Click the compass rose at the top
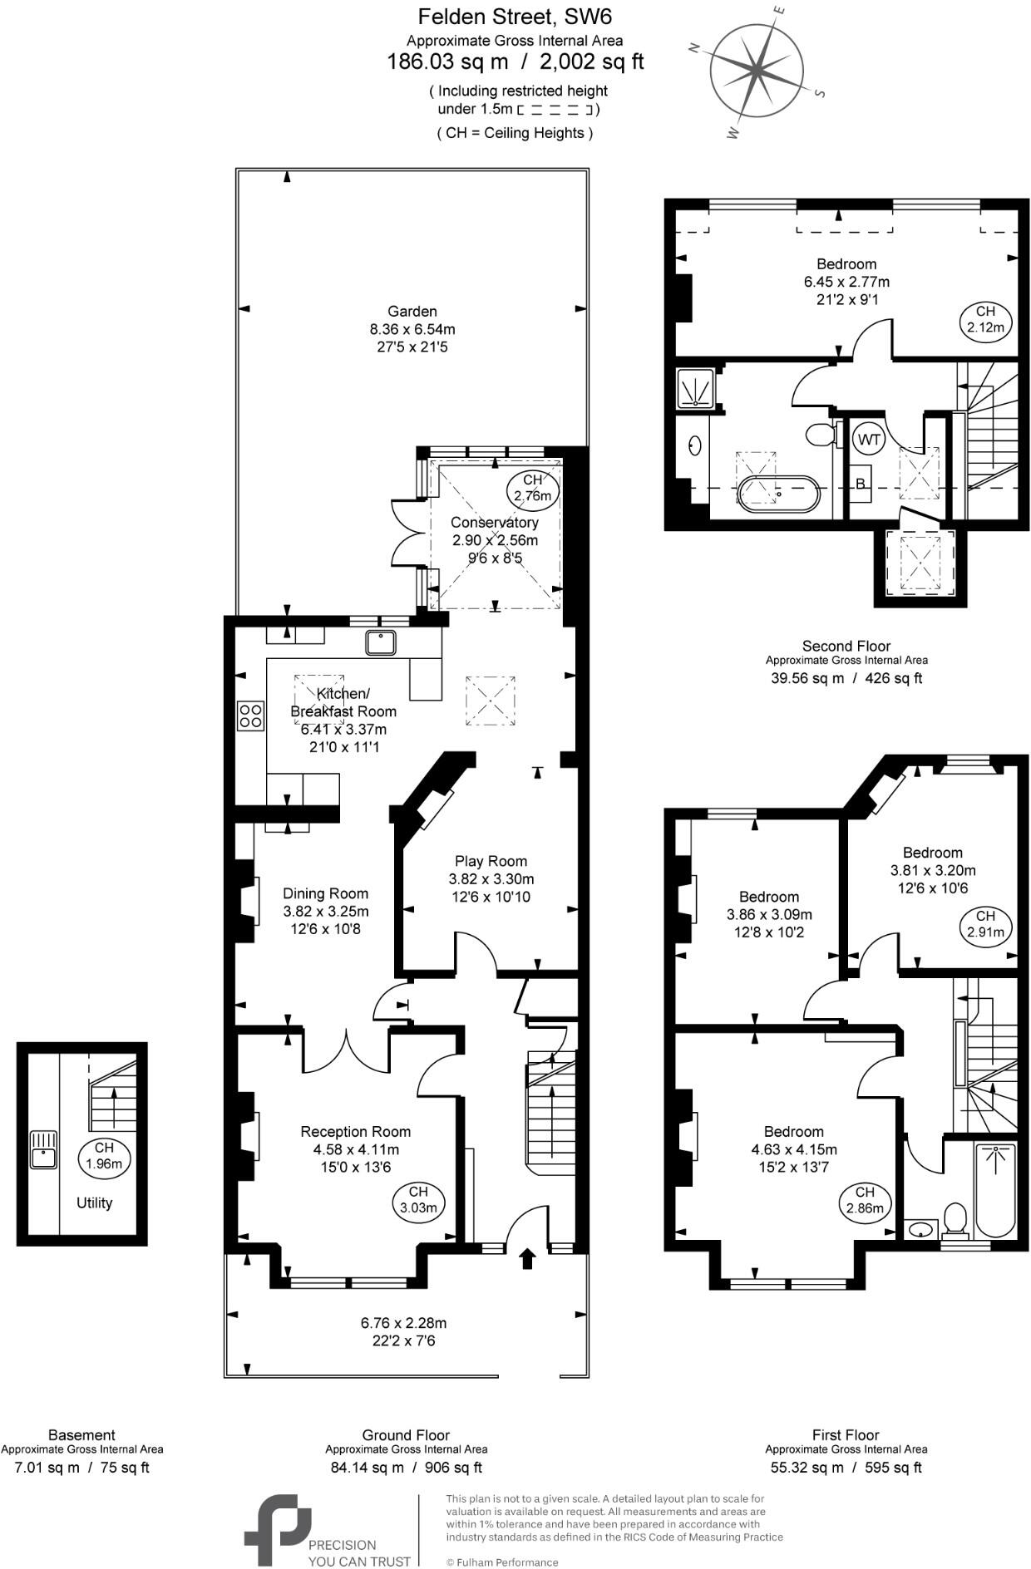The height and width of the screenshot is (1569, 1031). (x=755, y=70)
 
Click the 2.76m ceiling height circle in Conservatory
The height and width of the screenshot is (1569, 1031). (x=532, y=489)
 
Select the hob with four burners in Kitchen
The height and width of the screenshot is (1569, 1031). (x=251, y=716)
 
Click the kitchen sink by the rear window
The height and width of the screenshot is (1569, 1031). (x=382, y=642)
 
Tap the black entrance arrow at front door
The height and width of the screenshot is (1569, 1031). (x=526, y=1258)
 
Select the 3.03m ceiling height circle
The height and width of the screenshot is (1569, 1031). (x=418, y=1200)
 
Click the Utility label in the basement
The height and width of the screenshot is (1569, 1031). (x=94, y=1203)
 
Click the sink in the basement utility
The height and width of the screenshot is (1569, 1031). (x=42, y=1150)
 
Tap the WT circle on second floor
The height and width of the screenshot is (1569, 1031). (x=869, y=440)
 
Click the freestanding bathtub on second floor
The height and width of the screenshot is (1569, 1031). (x=778, y=493)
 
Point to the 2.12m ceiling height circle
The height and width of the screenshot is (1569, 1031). (x=985, y=319)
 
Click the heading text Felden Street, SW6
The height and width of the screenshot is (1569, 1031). (x=515, y=16)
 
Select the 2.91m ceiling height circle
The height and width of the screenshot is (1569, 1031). (x=985, y=923)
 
